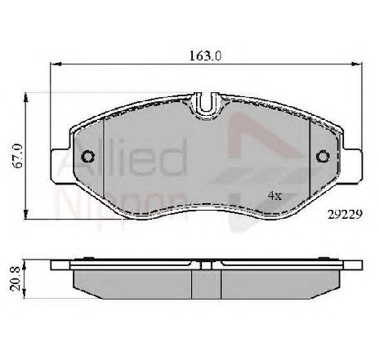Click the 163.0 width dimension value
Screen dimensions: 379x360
(205, 56)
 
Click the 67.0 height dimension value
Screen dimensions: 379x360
(19, 156)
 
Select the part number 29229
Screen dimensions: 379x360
(345, 215)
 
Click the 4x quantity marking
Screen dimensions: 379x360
(274, 196)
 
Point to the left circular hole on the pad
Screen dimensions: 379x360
(88, 157)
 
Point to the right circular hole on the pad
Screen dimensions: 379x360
(323, 157)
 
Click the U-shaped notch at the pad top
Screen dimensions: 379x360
(206, 104)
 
